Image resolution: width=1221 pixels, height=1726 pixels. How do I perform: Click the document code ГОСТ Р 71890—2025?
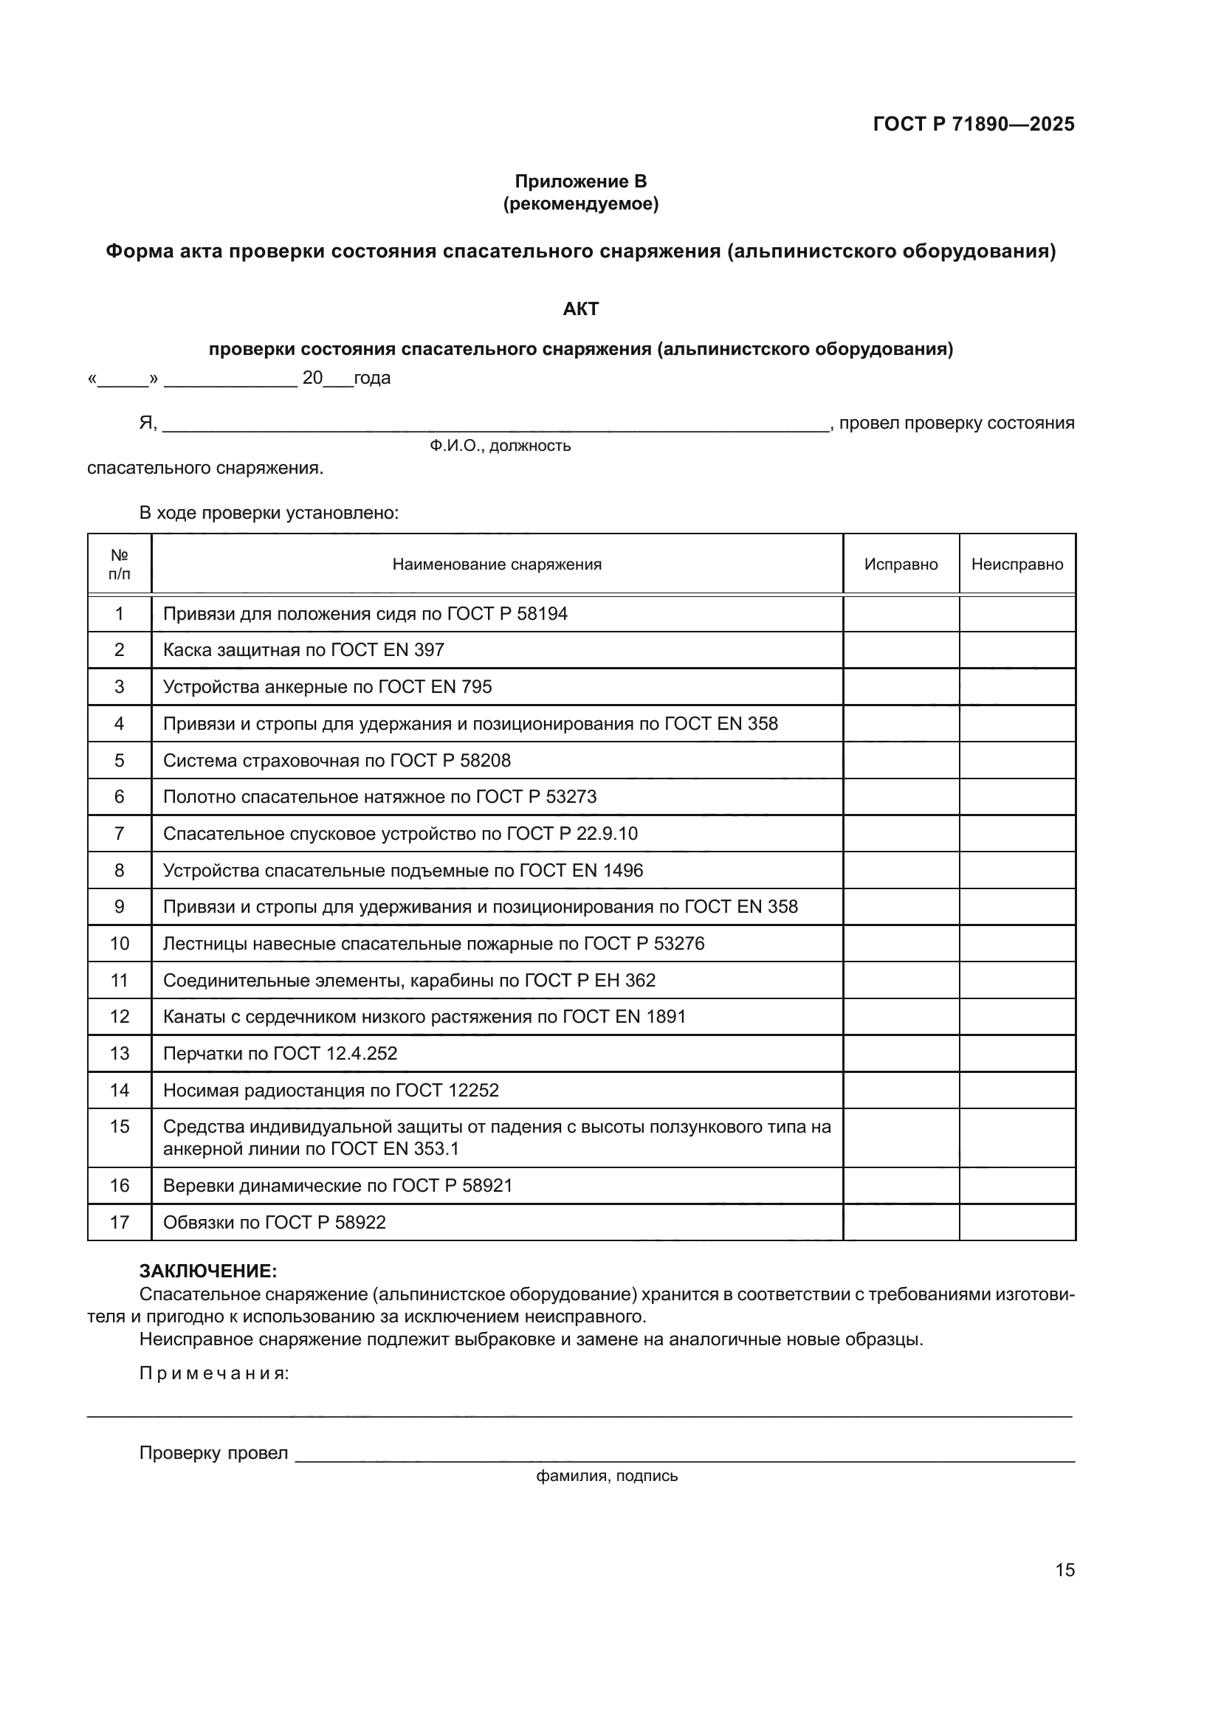974,124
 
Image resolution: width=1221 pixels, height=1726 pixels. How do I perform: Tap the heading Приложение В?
580,182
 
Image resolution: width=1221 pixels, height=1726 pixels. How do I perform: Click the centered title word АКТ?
580,309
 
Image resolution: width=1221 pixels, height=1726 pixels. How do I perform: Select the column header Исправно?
901,565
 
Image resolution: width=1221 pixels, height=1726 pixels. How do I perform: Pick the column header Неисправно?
1017,565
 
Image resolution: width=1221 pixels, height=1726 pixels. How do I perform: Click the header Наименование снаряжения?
497,565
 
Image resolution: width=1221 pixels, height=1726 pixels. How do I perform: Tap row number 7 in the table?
119,834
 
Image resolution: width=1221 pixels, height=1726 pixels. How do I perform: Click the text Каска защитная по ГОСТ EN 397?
303,650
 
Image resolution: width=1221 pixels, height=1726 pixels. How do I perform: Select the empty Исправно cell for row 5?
901,761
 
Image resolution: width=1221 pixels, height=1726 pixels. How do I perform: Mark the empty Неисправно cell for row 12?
1017,1017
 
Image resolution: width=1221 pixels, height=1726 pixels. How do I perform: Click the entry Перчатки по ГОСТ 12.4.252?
280,1054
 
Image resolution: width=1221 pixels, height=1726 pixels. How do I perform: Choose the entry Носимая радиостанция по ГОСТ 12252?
331,1091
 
